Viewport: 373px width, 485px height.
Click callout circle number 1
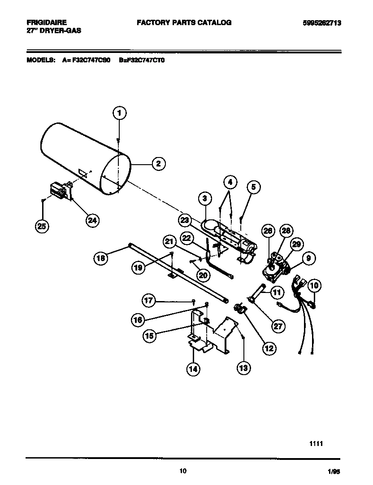coord(119,113)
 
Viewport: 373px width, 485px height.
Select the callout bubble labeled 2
coord(158,164)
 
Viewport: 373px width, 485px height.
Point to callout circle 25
coord(41,227)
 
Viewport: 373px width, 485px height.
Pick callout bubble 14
coord(193,369)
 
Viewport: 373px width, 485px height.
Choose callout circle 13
coord(243,368)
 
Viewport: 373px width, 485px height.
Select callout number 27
coord(278,326)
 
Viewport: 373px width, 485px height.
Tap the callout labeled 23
coord(185,220)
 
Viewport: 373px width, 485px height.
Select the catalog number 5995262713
coord(319,22)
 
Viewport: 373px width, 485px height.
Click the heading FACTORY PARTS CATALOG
coord(184,22)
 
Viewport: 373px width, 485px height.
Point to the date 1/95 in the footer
coord(334,472)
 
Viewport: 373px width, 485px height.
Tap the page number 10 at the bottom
coord(182,471)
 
